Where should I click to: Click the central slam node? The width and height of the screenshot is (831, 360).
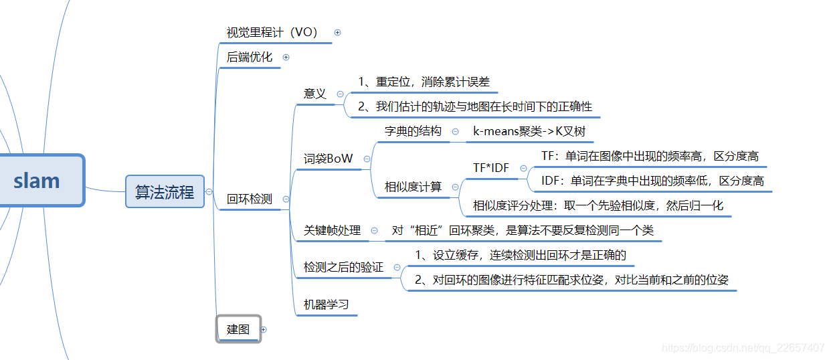point(37,181)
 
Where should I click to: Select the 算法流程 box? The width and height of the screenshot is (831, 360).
point(165,192)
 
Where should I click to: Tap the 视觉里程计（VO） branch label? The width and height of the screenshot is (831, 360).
point(272,32)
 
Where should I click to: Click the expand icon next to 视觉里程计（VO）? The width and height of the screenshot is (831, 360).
point(337,32)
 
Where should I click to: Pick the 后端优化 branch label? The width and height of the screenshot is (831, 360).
point(250,57)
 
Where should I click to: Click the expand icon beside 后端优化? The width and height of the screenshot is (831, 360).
point(286,57)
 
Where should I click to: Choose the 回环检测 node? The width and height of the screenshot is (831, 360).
point(250,199)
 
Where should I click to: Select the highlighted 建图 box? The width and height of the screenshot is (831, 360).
point(238,329)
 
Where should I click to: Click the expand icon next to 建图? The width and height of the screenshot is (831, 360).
point(264,329)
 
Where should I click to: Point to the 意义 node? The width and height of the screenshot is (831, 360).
point(315,94)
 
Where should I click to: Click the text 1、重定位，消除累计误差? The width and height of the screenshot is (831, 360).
point(424,82)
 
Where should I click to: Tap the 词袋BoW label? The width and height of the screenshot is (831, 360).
point(328,159)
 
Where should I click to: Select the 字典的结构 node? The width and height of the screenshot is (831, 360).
point(413,131)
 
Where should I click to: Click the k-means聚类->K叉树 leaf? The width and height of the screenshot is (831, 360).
point(529,131)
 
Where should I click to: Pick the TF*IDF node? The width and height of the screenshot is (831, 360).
point(491,168)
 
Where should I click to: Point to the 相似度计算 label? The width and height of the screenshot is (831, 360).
point(413,187)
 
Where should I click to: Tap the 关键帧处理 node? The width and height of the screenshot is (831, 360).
point(332,230)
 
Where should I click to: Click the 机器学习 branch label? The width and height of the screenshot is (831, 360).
point(327,304)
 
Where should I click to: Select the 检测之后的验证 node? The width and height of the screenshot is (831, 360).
point(343,267)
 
